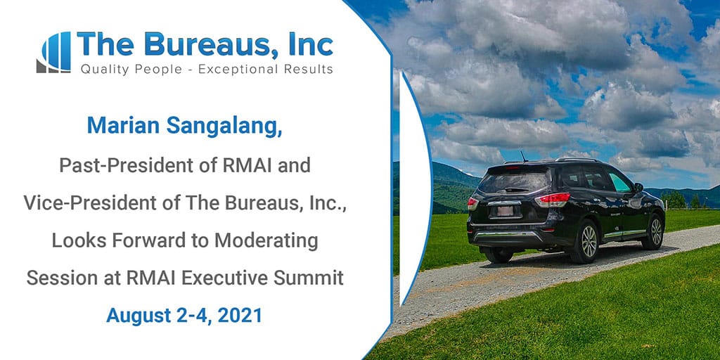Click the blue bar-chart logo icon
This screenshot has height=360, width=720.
tap(53, 52)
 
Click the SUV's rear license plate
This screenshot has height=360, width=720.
tap(505, 211)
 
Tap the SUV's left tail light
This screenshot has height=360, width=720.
tap(472, 203)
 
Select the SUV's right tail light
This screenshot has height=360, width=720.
tap(553, 200)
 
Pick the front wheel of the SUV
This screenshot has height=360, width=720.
tap(655, 232)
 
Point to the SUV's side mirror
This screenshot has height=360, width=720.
tap(638, 187)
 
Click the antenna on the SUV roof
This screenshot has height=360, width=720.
tap(523, 156)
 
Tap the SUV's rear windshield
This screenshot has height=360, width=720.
tap(514, 181)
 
